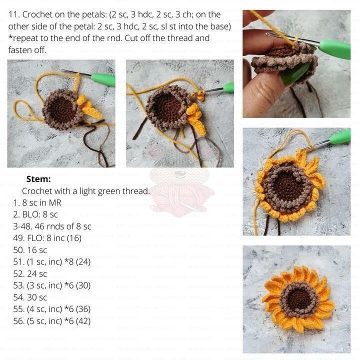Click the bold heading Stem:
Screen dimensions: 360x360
38,179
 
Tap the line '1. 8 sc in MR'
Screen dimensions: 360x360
37,203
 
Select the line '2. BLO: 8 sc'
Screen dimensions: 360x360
35,214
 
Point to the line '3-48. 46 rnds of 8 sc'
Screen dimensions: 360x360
52,226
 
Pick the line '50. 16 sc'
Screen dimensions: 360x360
30,250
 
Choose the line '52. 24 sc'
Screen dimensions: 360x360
30,274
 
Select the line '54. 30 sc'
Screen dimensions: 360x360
30,297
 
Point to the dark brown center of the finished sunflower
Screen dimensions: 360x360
299,298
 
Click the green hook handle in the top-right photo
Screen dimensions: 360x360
335,48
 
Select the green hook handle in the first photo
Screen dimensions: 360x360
103,79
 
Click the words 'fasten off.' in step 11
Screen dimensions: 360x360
27,50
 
